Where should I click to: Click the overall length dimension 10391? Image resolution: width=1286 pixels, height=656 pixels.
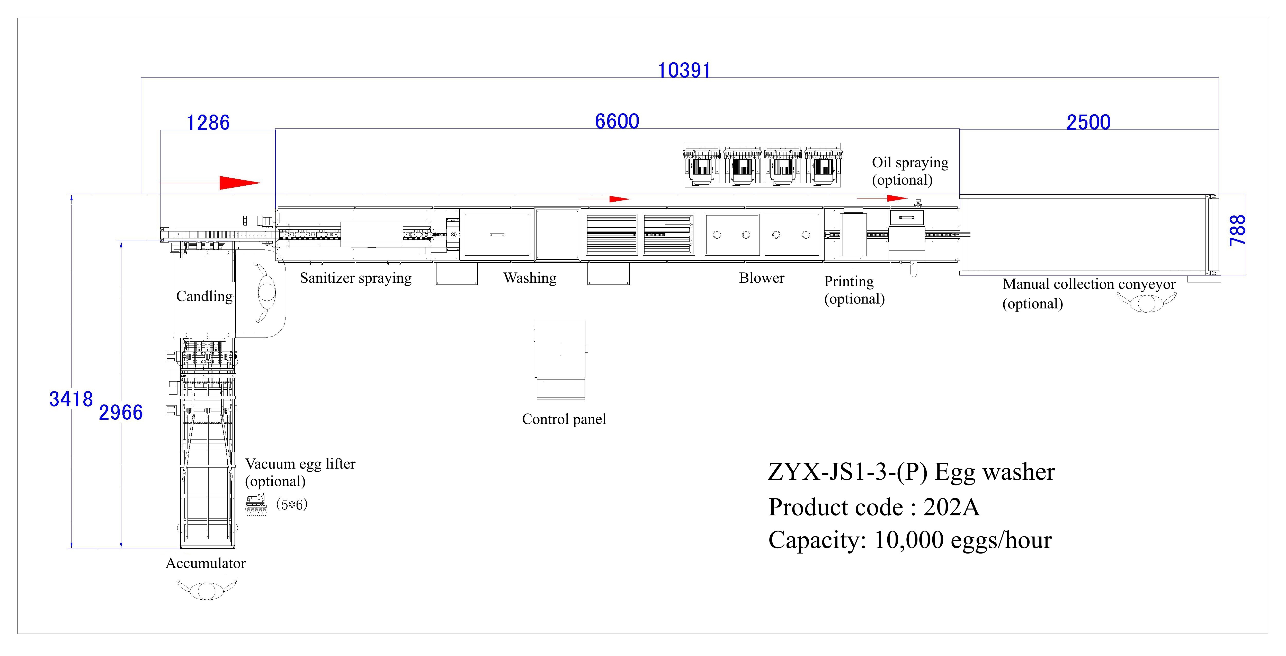683,71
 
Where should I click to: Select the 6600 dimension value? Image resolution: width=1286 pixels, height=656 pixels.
617,122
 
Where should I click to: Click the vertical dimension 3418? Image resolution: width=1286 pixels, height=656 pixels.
71,399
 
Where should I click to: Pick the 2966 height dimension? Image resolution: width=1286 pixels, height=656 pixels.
121,413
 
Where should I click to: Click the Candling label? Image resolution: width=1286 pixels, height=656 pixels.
204,296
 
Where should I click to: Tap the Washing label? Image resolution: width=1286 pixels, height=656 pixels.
530,278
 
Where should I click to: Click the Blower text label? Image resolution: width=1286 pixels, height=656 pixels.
761,278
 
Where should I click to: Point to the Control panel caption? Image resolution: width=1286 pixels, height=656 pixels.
564,419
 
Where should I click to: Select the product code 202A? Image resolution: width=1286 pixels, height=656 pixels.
951,507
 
